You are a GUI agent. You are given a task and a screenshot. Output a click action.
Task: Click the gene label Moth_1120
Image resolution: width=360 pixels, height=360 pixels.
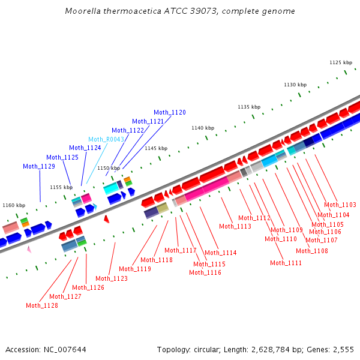pyautogui.click(x=170, y=112)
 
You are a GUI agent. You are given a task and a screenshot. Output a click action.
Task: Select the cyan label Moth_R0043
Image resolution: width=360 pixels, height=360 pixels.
pyautogui.click(x=106, y=139)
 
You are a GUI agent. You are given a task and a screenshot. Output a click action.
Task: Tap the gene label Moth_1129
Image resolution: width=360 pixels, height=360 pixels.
pyautogui.click(x=39, y=166)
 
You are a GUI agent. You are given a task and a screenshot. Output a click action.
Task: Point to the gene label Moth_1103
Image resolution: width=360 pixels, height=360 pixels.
pyautogui.click(x=340, y=205)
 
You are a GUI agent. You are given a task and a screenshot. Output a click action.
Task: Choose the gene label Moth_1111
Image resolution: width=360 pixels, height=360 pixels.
pyautogui.click(x=286, y=263)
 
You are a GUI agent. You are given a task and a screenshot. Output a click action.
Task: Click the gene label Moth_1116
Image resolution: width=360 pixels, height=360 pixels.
pyautogui.click(x=205, y=272)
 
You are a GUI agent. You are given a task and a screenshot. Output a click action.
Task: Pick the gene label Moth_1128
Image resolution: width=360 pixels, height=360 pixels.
pyautogui.click(x=42, y=305)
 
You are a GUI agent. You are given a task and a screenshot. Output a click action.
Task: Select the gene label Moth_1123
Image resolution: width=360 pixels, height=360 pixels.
pyautogui.click(x=112, y=278)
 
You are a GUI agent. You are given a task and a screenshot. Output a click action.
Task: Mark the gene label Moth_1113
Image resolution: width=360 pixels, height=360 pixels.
pyautogui.click(x=235, y=226)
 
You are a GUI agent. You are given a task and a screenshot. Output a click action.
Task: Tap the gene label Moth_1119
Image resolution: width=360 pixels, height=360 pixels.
pyautogui.click(x=135, y=269)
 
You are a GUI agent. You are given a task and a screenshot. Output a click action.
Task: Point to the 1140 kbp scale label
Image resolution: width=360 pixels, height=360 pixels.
pyautogui.click(x=203, y=128)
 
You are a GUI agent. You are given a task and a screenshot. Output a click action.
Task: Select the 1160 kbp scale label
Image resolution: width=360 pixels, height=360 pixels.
pyautogui.click(x=14, y=205)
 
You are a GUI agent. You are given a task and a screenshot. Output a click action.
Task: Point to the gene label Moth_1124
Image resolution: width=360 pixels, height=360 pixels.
pyautogui.click(x=85, y=148)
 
